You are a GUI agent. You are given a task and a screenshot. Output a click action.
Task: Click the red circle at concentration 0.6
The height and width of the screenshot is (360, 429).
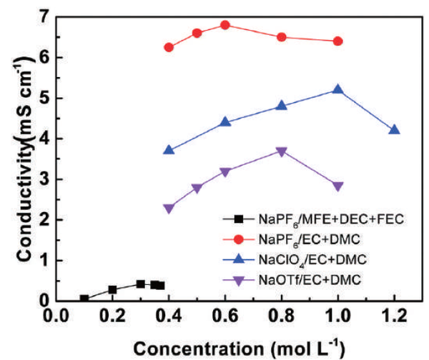tap(225, 25)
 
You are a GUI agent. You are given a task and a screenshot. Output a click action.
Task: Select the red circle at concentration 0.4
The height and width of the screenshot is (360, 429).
tap(169, 47)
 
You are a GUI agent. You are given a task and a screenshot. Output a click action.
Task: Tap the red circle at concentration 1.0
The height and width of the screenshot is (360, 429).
tap(338, 41)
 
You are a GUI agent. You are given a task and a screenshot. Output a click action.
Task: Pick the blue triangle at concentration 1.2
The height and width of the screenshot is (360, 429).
tap(394, 129)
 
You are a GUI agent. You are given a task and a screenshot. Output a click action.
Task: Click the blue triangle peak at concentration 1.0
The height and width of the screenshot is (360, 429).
tap(338, 89)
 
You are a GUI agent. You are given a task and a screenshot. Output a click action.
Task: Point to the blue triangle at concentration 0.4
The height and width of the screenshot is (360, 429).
tap(169, 150)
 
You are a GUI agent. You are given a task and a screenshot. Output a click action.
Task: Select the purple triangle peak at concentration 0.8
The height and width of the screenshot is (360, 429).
tap(282, 151)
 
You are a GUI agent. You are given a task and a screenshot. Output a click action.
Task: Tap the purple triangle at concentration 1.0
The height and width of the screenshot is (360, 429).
tap(338, 186)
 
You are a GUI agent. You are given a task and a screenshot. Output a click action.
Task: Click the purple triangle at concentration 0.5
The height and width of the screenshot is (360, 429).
tap(197, 189)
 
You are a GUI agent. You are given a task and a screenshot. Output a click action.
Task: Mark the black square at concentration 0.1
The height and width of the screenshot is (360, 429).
tap(84, 299)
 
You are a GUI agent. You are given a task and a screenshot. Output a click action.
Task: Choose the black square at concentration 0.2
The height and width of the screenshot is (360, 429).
tap(112, 290)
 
